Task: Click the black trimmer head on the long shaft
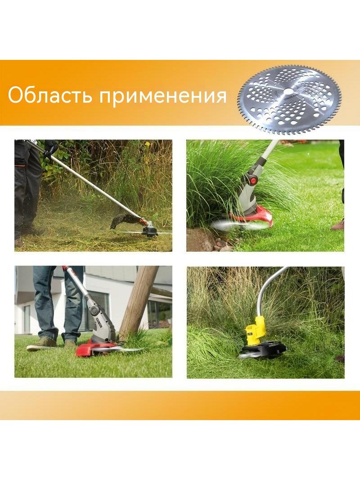tap(149, 230)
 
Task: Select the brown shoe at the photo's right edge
tap(337, 225)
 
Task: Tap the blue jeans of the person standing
tap(57, 303)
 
